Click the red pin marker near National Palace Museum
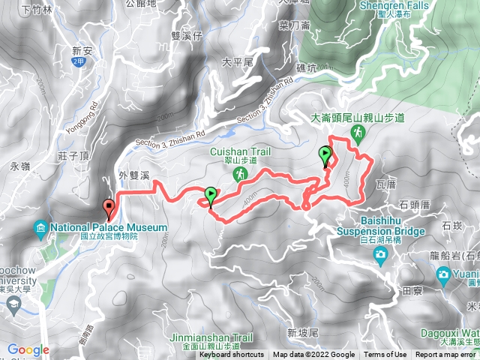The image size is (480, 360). tap(109, 208)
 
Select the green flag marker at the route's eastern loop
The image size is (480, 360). tap(325, 155)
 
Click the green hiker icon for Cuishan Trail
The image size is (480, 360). tap(240, 174)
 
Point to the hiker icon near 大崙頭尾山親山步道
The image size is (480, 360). tap(358, 133)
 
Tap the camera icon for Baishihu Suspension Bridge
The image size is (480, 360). tap(381, 255)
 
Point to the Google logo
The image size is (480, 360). tap(28, 349)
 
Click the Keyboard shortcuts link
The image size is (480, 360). tap(232, 355)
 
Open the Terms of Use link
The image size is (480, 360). tap(385, 355)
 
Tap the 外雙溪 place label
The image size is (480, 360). tap(136, 175)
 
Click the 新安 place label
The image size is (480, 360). tap(83, 51)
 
